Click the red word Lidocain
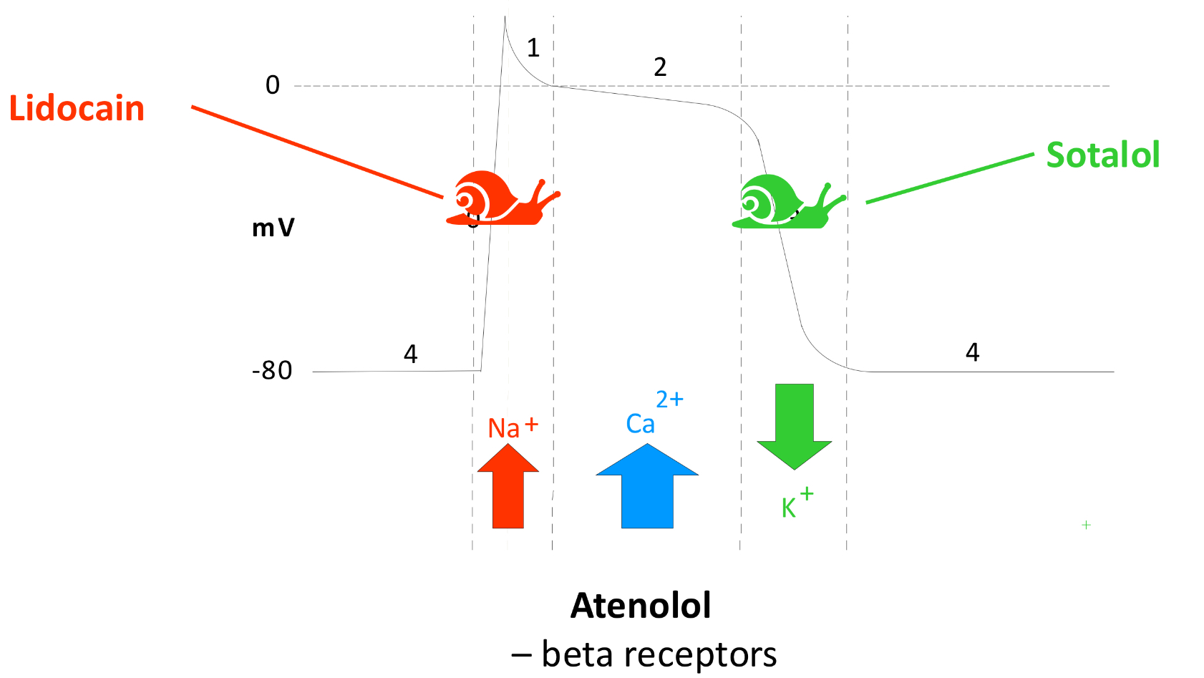[x=77, y=109]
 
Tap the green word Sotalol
[x=1102, y=155]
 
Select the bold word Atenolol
[x=641, y=606]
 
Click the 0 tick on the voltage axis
[x=273, y=85]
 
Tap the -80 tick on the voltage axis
[x=272, y=371]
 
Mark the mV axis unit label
[x=273, y=228]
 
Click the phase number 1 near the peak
[x=533, y=48]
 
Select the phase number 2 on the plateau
[x=660, y=67]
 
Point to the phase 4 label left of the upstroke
[x=410, y=354]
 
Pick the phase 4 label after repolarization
[x=972, y=352]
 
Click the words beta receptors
[x=659, y=654]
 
